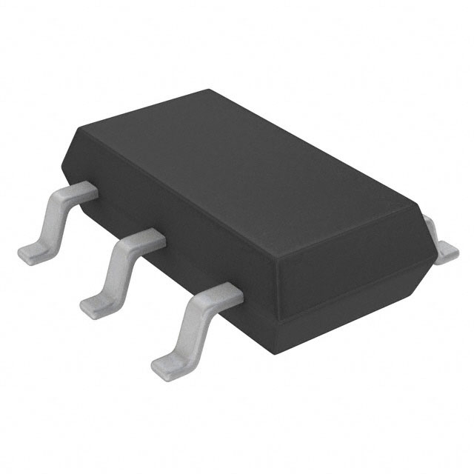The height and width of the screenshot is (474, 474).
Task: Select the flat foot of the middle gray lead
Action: click(96, 304)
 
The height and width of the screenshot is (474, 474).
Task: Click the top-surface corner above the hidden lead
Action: click(419, 216)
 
